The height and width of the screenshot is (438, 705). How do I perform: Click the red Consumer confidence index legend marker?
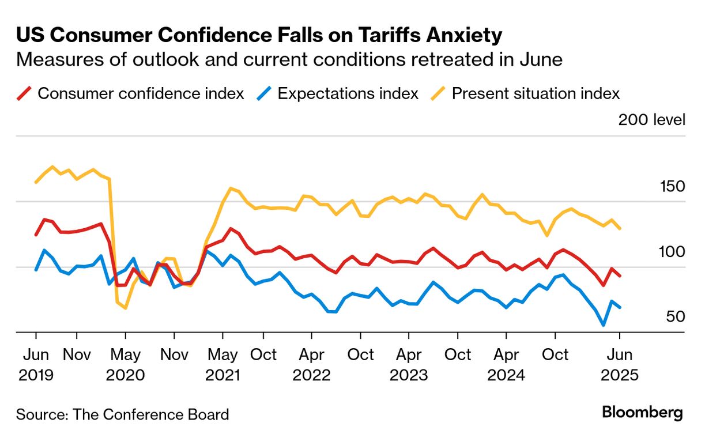tap(24, 93)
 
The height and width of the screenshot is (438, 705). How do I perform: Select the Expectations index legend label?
tap(348, 93)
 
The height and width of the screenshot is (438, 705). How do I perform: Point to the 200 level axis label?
tap(651, 120)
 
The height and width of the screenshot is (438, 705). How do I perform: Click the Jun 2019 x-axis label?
tap(36, 364)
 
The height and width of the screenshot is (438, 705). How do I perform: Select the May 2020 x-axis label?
tap(125, 364)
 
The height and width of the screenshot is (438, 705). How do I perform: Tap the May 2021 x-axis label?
tap(223, 364)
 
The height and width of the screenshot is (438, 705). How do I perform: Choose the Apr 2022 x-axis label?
tap(311, 364)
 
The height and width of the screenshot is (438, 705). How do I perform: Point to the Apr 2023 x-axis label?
tap(409, 364)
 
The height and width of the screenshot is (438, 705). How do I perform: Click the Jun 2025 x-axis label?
tap(620, 364)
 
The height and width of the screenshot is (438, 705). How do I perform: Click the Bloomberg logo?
tap(642, 413)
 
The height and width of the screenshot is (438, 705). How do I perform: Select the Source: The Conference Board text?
tap(122, 414)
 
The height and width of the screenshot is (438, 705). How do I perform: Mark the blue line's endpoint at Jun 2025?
tap(620, 307)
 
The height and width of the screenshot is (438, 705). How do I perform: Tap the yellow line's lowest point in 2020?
tap(125, 308)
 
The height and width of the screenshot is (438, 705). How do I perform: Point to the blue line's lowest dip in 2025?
tap(604, 325)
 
